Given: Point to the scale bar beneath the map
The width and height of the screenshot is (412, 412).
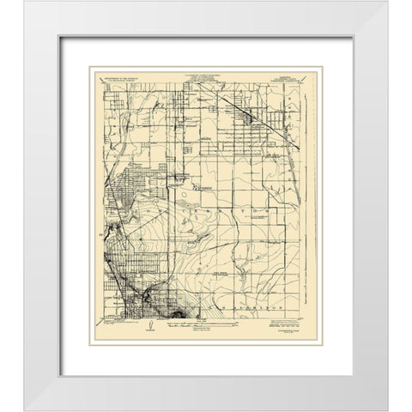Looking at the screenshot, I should click(x=203, y=326).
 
